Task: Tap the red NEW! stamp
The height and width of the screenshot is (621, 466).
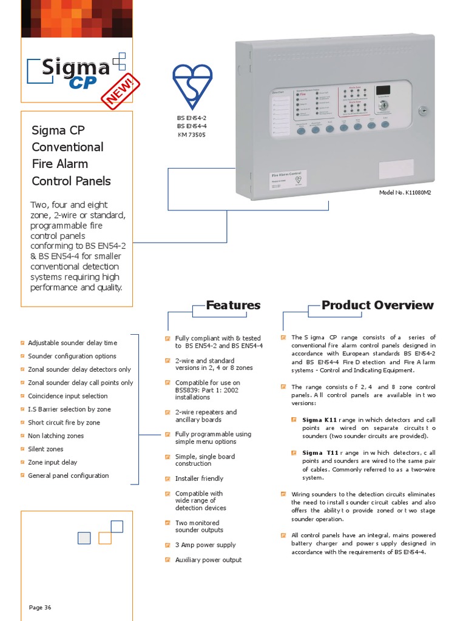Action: pos(121,93)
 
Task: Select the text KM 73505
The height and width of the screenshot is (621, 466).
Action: pos(192,135)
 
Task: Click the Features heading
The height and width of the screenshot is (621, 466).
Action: pos(233,305)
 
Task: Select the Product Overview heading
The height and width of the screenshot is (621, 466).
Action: pos(377,305)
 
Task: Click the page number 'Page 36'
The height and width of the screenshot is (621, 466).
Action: pos(40,607)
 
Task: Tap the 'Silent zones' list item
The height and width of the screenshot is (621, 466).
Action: pos(46,449)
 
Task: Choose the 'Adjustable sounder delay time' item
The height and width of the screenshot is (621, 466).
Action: pos(72,343)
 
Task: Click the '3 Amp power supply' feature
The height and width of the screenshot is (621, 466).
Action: pos(205,545)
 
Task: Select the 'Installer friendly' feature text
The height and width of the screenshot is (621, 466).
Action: pos(199,478)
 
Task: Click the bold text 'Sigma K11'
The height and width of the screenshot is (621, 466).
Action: pos(319,420)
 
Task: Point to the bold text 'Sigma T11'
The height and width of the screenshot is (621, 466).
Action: pos(320,453)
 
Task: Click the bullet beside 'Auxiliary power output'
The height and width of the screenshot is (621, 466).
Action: pos(167,560)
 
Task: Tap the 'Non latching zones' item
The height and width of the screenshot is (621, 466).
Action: pos(56,436)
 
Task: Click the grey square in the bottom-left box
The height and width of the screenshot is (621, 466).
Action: pos(84,538)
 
